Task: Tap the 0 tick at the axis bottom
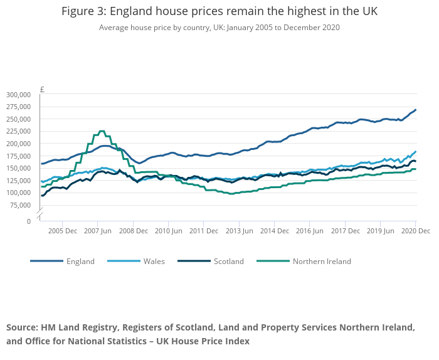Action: pyautogui.click(x=28, y=221)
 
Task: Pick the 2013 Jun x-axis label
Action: pyautogui.click(x=240, y=231)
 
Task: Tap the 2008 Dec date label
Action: pyautogui.click(x=133, y=231)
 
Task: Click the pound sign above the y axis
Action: pyautogui.click(x=42, y=89)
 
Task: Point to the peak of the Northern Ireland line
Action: pyautogui.click(x=102, y=131)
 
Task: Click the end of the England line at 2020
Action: pyautogui.click(x=415, y=110)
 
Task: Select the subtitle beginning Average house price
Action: pyautogui.click(x=219, y=28)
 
